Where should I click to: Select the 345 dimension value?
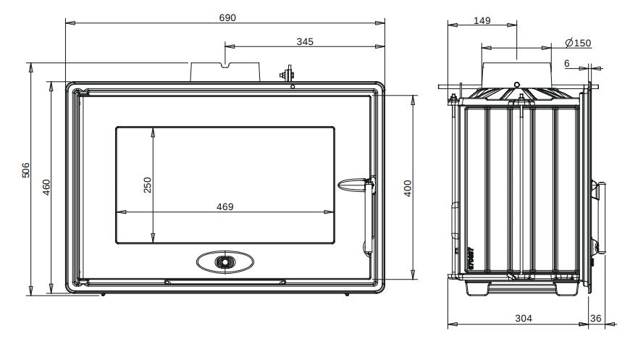305,42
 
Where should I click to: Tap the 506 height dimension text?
26,171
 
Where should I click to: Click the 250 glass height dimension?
148,185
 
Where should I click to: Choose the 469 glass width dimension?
225,206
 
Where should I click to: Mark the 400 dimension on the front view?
407,188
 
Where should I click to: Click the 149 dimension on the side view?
482,20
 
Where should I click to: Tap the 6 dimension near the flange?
566,64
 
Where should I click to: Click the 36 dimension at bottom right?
595,317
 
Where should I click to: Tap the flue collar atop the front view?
224,72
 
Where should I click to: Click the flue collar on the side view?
516,73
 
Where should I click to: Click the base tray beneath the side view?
516,288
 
